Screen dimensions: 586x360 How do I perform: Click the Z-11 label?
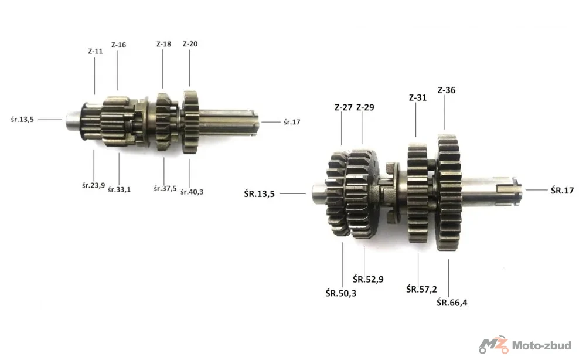(x=96, y=51)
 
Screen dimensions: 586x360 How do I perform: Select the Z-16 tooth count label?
(x=118, y=45)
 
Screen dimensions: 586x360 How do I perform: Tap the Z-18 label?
(x=163, y=44)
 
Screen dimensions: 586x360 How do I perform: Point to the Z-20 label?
(x=190, y=44)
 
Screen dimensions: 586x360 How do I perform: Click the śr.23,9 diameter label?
(x=93, y=185)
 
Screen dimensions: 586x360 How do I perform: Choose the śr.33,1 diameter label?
(x=119, y=189)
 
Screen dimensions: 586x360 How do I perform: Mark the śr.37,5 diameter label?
(x=165, y=188)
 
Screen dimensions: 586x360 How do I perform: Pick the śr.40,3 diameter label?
(x=192, y=192)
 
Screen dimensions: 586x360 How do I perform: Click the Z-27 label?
(x=343, y=107)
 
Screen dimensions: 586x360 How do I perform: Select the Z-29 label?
(x=365, y=107)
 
